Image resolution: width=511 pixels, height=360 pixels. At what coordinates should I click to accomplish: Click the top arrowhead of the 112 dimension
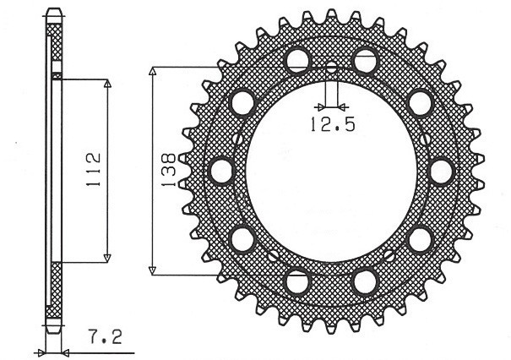(x=107, y=83)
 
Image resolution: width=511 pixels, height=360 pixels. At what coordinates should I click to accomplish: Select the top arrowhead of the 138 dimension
(x=153, y=70)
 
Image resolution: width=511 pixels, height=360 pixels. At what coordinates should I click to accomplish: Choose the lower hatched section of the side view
(x=55, y=292)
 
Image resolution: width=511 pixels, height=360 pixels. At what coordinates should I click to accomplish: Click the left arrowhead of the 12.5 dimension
(x=318, y=107)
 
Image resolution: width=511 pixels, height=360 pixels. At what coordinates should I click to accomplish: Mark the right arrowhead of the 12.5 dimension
(x=341, y=107)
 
